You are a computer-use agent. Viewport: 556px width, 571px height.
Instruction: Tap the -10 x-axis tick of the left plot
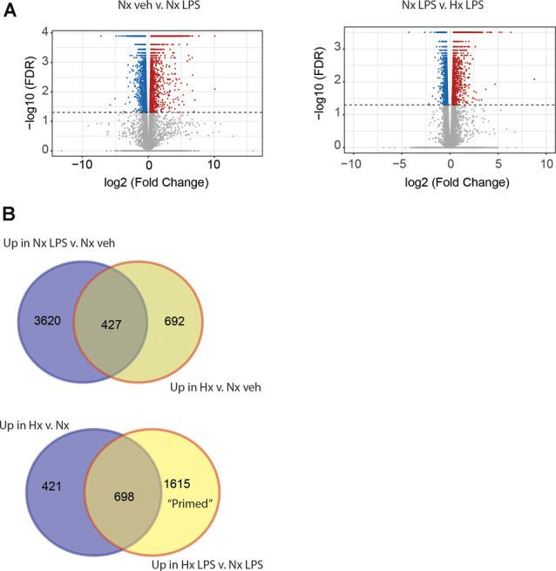81,163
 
